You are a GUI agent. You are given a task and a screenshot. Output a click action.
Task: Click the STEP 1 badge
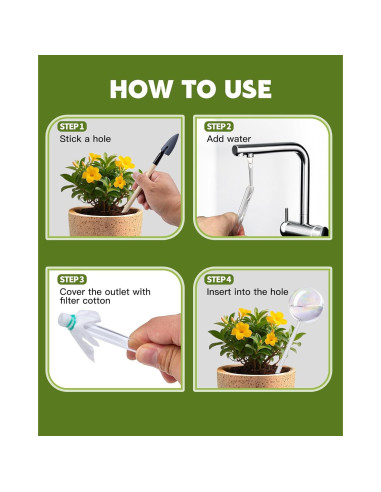pos(72,127)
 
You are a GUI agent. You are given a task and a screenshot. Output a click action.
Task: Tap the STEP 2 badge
pos(219,127)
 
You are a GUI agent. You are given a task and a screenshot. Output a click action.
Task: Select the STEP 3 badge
pos(72,279)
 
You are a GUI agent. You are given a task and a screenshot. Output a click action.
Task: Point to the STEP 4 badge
pos(219,279)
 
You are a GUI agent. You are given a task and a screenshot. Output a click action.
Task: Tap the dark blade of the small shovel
pos(168,147)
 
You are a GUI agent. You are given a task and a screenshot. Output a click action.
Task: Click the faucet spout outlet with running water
pos(249,155)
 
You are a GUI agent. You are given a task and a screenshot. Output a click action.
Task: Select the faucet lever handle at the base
pos(286,215)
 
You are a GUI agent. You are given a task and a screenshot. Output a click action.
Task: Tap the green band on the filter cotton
pos(71,322)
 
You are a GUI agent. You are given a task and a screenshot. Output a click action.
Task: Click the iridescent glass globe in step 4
pos(306,305)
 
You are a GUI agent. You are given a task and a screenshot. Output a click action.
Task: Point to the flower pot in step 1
pos(106,222)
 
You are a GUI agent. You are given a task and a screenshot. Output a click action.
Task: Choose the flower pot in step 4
pos(256,376)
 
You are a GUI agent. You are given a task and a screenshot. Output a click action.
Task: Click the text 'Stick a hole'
pos(85,139)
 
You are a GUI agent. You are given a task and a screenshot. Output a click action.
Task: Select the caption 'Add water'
pos(229,139)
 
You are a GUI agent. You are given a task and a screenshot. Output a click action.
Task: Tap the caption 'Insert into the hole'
pos(247,292)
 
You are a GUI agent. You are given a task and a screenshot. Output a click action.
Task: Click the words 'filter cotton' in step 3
pos(85,301)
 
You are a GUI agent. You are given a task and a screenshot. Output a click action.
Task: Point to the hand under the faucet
pos(219,225)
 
